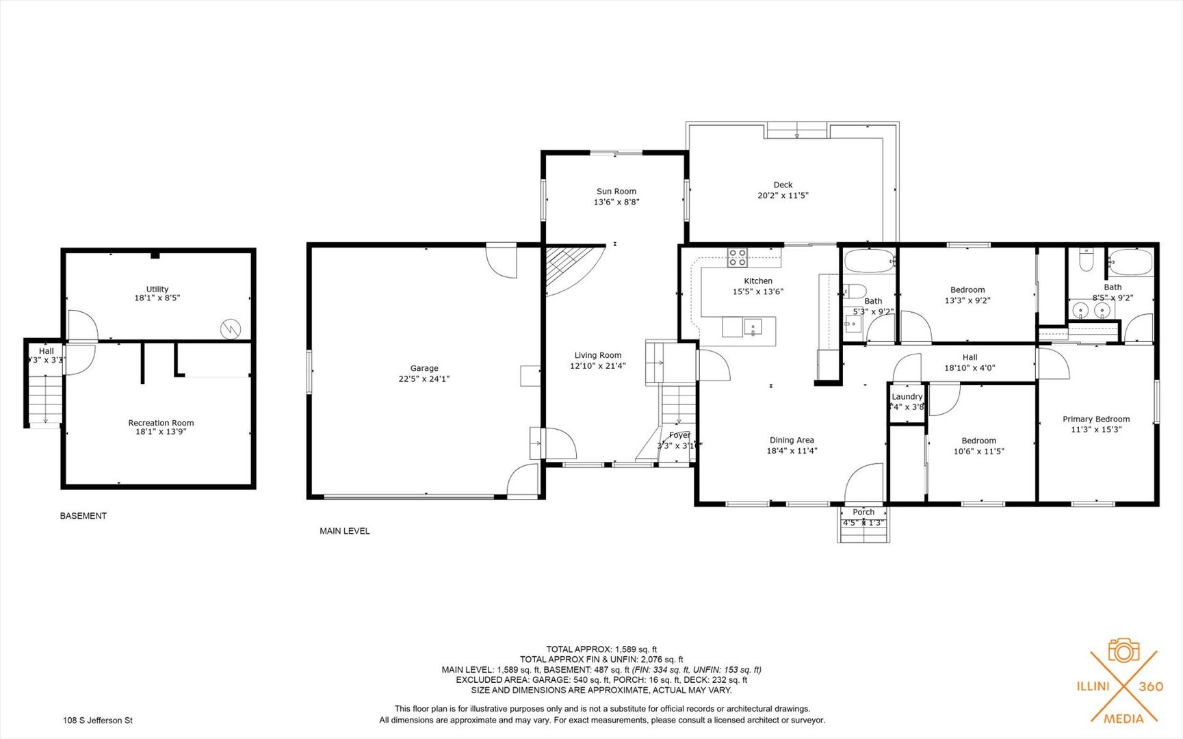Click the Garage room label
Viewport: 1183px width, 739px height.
coord(424,368)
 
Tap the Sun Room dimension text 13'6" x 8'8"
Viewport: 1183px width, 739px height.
coord(616,202)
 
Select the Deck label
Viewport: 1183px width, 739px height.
coord(783,185)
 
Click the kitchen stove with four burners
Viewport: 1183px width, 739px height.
coord(737,257)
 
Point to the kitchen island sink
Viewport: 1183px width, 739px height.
coord(752,327)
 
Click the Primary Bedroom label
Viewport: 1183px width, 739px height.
coord(1095,419)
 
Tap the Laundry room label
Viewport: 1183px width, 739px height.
coord(907,397)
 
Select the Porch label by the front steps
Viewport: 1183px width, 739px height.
coord(863,512)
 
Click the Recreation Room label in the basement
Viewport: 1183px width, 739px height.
coord(161,423)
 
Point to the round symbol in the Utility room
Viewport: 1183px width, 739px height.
coord(231,330)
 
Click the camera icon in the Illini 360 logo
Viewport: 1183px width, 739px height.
coord(1123,651)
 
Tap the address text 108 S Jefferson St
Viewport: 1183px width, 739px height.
coord(98,720)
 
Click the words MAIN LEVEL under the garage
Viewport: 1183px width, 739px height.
coord(344,531)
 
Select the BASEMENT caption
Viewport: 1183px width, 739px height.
coord(83,516)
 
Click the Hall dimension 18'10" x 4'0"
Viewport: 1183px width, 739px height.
coord(970,367)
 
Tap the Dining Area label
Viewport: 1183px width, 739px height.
coord(792,440)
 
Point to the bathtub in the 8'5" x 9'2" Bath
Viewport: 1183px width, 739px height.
coord(1130,263)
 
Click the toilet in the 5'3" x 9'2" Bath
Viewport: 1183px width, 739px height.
coord(855,291)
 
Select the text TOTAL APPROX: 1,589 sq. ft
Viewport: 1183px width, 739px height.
coord(601,649)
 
